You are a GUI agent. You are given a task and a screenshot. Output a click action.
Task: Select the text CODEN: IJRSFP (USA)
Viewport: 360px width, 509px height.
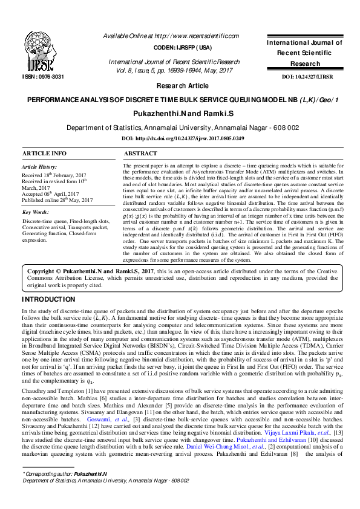pyautogui.click(x=180, y=47)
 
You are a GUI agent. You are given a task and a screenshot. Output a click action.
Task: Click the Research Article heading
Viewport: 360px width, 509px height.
pyautogui.click(x=180, y=86)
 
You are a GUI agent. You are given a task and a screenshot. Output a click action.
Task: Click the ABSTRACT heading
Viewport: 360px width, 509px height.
pyautogui.click(x=140, y=154)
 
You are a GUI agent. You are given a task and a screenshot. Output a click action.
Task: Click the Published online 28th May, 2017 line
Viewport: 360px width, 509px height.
pyautogui.click(x=57, y=200)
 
